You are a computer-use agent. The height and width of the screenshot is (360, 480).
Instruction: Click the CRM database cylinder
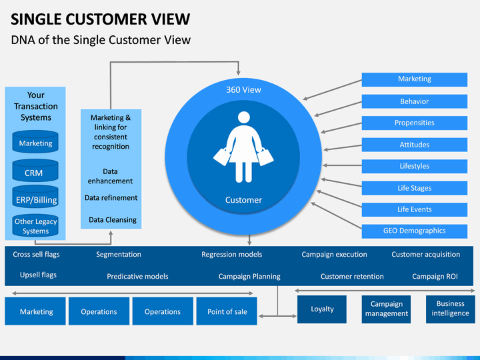35,171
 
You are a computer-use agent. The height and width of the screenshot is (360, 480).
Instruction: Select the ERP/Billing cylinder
35,197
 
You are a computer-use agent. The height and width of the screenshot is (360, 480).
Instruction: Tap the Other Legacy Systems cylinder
35,225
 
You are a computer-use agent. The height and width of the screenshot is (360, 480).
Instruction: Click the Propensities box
415,123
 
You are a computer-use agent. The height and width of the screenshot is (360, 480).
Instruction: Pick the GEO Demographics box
415,231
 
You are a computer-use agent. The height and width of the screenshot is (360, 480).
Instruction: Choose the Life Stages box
415,188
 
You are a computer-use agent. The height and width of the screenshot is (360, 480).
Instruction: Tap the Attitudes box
415,145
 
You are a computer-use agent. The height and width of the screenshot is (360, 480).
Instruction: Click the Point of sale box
227,311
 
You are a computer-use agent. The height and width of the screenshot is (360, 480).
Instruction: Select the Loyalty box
322,309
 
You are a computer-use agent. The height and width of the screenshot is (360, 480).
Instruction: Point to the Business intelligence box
450,309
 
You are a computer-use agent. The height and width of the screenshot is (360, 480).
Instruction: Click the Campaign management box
386,309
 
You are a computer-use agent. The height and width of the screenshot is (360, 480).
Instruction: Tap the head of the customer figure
244,117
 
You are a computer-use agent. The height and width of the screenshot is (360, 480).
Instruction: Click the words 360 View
244,90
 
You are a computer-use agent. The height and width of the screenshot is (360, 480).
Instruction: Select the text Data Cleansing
113,220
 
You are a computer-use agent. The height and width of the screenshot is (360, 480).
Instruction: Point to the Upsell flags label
38,275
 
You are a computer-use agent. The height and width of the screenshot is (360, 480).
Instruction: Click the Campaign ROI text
435,277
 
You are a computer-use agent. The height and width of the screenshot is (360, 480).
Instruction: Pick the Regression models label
232,255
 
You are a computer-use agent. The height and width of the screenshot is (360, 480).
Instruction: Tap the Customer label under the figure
244,200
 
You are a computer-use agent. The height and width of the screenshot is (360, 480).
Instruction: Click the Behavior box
415,101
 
